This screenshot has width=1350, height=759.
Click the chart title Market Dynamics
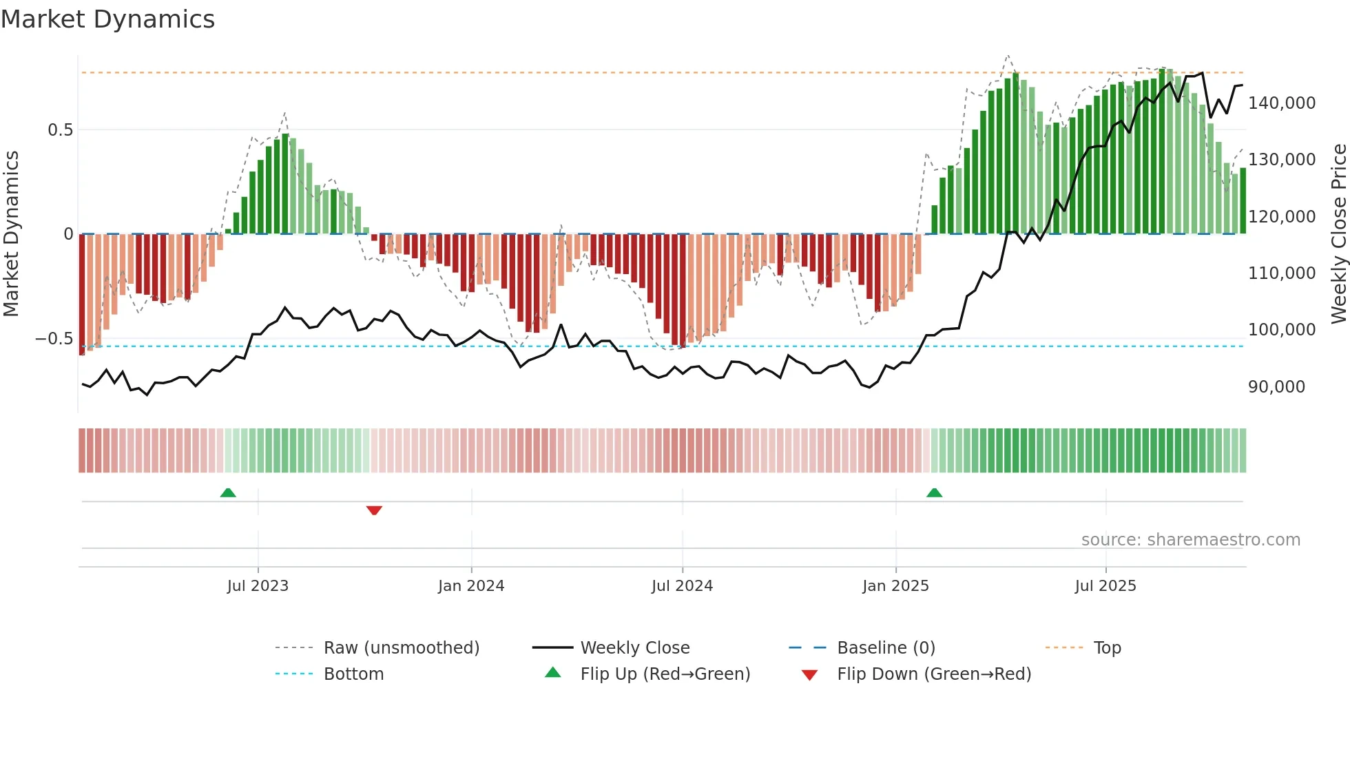pyautogui.click(x=107, y=19)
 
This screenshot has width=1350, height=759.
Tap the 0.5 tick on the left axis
pyautogui.click(x=60, y=130)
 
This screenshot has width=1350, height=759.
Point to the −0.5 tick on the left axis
pyautogui.click(x=54, y=339)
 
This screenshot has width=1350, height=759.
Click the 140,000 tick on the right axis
pyautogui.click(x=1282, y=103)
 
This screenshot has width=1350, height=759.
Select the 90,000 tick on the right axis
pyautogui.click(x=1276, y=387)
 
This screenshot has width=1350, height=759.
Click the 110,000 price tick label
pyautogui.click(x=1282, y=273)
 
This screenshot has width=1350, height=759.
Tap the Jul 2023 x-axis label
pyautogui.click(x=258, y=586)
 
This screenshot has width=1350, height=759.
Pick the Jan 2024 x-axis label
pyautogui.click(x=471, y=586)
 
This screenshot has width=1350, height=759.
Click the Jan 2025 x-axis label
pyautogui.click(x=895, y=586)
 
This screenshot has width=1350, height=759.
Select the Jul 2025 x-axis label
pyautogui.click(x=1105, y=586)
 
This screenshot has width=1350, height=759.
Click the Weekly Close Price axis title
pyautogui.click(x=1338, y=233)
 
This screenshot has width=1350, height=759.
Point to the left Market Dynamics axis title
pyautogui.click(x=11, y=233)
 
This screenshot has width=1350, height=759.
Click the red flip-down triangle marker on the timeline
pyautogui.click(x=374, y=510)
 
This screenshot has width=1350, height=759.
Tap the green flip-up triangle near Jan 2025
pyautogui.click(x=934, y=492)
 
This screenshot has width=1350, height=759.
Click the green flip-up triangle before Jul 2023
pyautogui.click(x=228, y=492)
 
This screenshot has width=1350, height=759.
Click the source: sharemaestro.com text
pyautogui.click(x=1190, y=540)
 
